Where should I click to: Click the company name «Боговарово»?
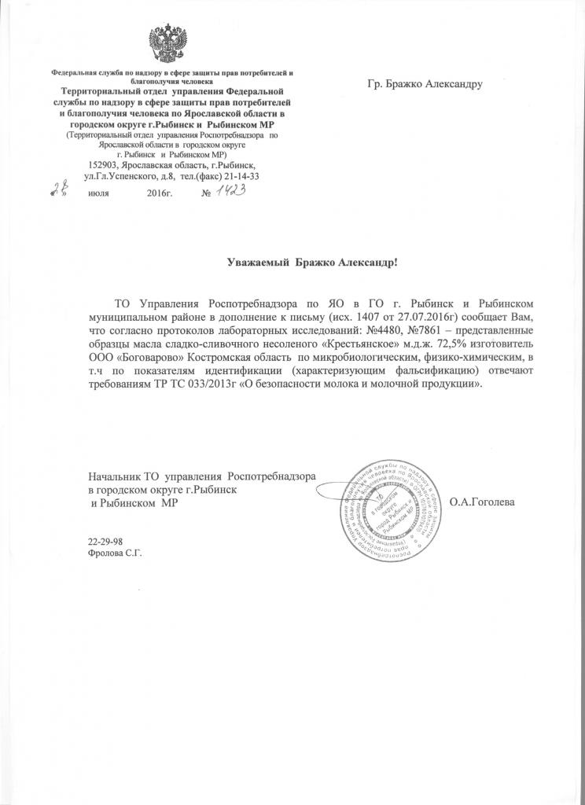tap(150, 358)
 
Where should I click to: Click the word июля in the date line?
tap(98, 193)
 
